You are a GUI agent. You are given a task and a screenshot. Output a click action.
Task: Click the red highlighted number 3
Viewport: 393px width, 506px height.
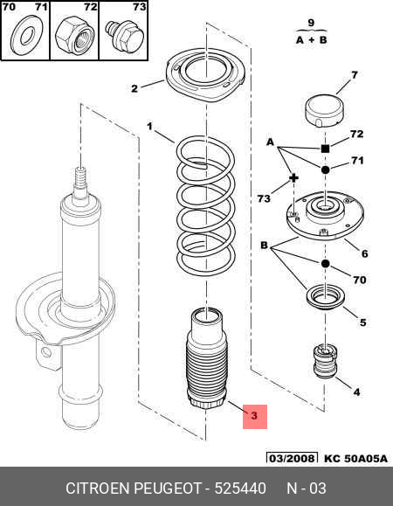click(x=254, y=416)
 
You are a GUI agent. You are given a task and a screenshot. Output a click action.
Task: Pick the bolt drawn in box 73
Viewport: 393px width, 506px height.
click(x=124, y=37)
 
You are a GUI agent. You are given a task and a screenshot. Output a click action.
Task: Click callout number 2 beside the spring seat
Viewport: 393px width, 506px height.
click(x=134, y=88)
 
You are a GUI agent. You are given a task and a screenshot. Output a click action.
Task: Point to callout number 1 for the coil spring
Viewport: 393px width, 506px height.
click(x=149, y=126)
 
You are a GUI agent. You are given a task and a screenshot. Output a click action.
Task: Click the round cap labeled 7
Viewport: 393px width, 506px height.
click(x=324, y=111)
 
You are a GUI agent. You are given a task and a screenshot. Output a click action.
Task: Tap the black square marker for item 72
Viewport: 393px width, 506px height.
click(x=325, y=149)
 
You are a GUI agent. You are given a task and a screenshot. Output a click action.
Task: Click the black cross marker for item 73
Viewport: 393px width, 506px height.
click(x=293, y=177)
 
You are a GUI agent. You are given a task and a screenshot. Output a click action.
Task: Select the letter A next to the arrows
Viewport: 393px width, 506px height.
click(x=270, y=142)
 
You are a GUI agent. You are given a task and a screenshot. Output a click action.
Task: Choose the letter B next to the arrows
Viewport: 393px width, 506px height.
click(x=264, y=246)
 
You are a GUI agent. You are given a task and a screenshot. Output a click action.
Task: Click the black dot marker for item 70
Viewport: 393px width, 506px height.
click(x=325, y=264)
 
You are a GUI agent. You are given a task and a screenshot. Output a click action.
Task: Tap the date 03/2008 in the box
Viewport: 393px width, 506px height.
click(x=292, y=459)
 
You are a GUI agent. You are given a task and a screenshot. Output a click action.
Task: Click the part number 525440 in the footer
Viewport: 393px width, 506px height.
click(x=240, y=489)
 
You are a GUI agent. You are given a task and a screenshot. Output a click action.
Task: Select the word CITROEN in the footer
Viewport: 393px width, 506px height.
click(x=97, y=489)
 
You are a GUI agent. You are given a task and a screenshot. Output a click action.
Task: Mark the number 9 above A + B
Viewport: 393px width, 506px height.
click(x=311, y=23)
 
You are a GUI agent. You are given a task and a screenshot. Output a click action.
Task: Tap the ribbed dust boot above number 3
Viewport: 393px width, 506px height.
click(x=207, y=358)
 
